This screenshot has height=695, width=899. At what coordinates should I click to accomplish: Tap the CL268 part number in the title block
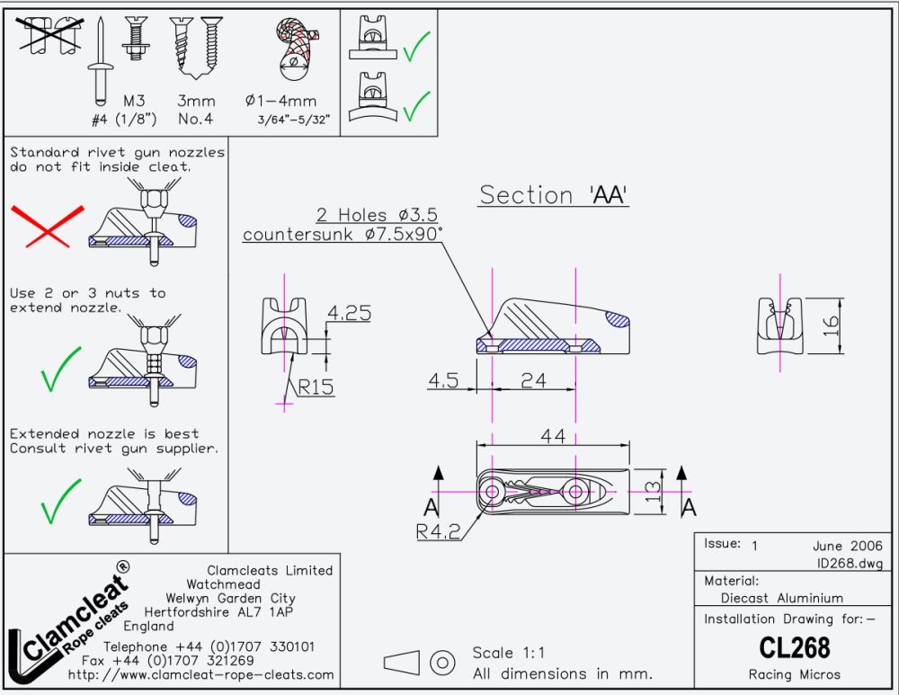794,647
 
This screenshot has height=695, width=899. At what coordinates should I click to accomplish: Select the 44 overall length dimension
553,436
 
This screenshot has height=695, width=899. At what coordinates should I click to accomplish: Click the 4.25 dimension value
349,314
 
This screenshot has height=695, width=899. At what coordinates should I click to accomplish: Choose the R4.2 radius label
438,531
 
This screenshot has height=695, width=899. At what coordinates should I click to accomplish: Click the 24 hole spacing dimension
534,380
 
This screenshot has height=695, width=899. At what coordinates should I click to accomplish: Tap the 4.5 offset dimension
443,380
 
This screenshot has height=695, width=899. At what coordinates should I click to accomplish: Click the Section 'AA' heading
553,195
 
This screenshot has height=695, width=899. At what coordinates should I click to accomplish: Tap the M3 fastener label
134,101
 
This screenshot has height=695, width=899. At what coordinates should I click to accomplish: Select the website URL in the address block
200,674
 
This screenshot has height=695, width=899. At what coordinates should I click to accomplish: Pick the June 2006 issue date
841,546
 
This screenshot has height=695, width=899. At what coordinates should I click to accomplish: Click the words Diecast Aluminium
782,598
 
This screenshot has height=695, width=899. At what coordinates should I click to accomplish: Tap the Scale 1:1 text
509,653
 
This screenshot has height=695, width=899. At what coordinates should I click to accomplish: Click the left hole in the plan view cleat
492,491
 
